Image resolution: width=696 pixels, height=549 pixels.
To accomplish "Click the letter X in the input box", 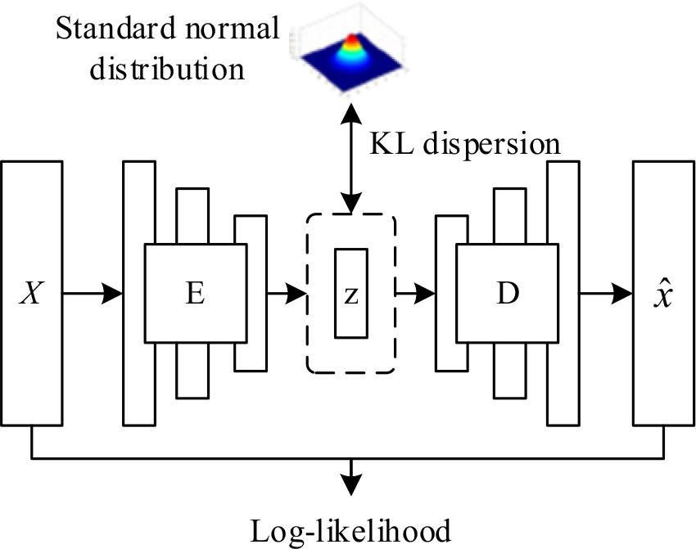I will (x=32, y=293).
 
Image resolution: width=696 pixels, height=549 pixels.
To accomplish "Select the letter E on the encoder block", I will (x=194, y=293).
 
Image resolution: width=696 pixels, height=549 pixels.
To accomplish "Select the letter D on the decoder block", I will (x=508, y=293).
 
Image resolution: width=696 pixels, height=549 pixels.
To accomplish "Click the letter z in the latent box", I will (x=350, y=295).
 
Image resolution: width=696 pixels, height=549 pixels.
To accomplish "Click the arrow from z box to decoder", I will (x=416, y=293).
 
